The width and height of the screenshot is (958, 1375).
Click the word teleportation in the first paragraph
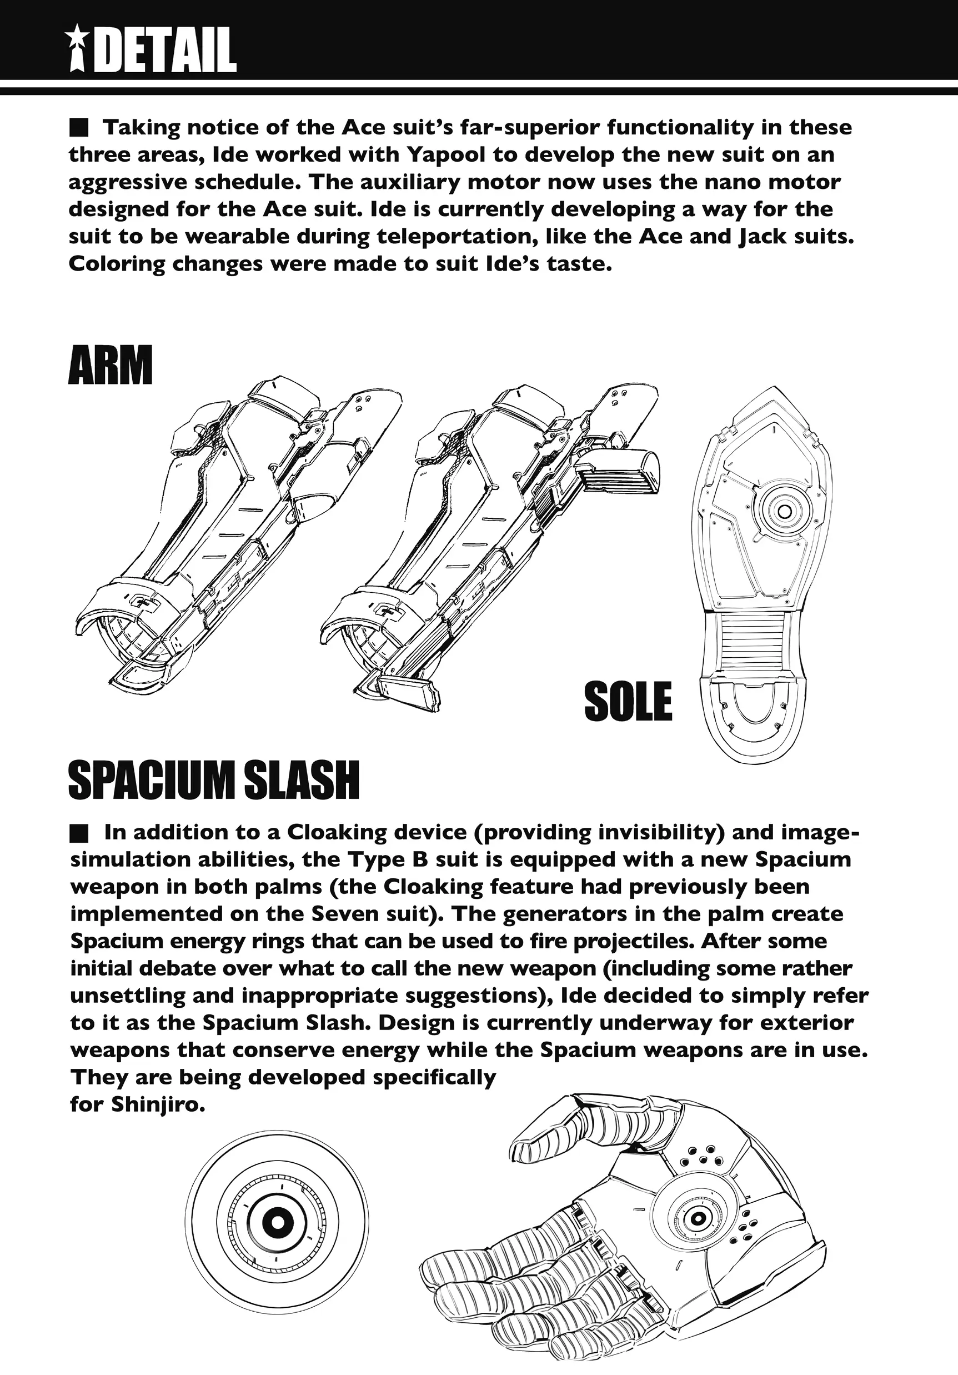click(455, 237)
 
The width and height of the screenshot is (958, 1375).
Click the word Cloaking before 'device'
click(337, 833)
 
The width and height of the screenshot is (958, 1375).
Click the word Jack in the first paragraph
click(759, 237)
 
